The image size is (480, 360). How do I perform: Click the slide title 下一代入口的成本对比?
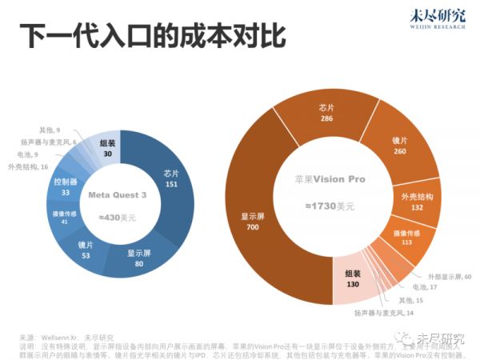click(152, 36)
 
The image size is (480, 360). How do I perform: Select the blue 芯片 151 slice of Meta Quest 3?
click(170, 177)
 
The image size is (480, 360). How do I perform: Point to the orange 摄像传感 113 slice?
click(407, 239)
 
